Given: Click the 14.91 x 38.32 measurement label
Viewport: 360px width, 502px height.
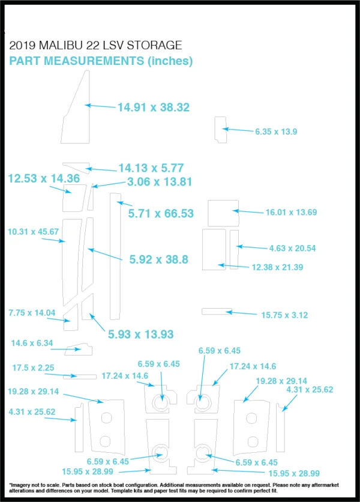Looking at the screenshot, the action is click(154, 107).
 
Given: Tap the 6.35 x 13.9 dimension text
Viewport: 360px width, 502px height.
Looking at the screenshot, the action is click(276, 132).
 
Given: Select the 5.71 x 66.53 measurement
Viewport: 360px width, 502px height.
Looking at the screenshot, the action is click(161, 214).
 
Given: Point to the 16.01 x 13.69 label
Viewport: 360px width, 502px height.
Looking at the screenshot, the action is click(291, 212).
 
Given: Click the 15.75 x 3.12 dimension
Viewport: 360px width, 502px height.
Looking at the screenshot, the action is click(284, 315).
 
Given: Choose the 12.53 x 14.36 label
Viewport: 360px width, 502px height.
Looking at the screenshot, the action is click(44, 178).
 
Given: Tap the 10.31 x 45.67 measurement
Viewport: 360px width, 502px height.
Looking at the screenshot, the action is click(33, 231).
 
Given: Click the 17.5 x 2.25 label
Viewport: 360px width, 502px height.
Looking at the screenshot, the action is click(33, 367).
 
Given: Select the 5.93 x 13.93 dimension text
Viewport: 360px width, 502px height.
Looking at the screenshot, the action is click(141, 334).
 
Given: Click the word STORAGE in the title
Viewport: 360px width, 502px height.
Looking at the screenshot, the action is click(155, 45).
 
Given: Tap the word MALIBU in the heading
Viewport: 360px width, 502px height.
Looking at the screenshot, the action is click(61, 45).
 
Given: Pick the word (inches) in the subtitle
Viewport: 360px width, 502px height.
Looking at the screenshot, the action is click(170, 61).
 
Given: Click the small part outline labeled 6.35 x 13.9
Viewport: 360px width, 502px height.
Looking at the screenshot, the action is click(220, 130).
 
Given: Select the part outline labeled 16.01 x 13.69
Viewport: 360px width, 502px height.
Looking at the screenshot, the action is click(223, 213).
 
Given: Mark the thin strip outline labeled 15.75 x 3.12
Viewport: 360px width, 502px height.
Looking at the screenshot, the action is click(217, 311).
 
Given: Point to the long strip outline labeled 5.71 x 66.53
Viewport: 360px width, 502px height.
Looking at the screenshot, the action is click(115, 256).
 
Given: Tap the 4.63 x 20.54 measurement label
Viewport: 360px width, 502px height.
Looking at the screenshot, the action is click(292, 248).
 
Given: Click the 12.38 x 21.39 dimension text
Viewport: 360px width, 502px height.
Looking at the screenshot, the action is click(277, 267).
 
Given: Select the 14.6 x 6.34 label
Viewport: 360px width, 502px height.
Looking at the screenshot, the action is click(32, 343).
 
